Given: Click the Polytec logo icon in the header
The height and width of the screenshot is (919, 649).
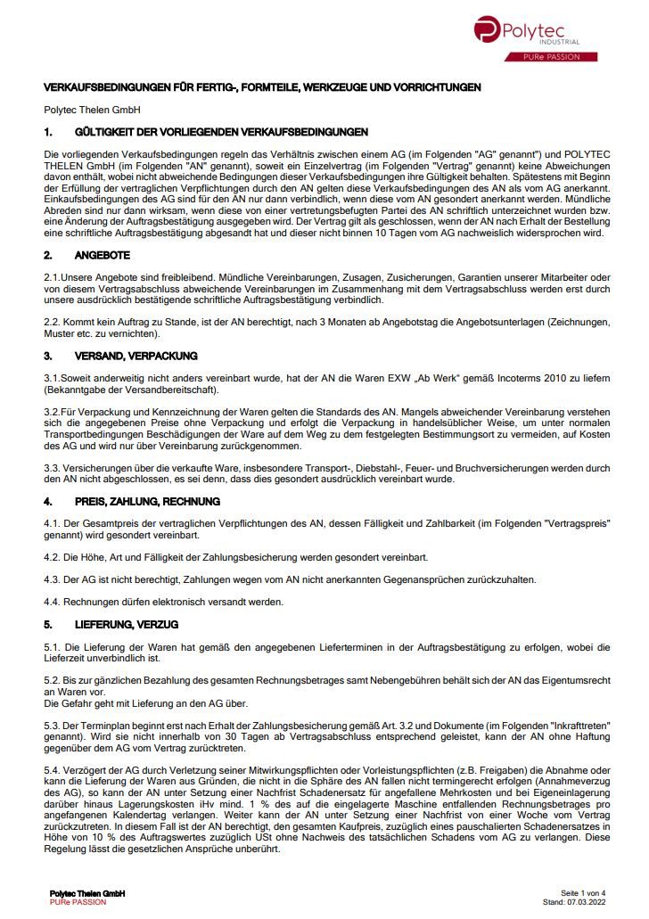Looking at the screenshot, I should (x=488, y=29).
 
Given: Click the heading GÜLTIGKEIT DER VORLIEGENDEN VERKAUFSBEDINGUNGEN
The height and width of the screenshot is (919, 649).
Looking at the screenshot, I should (x=222, y=132).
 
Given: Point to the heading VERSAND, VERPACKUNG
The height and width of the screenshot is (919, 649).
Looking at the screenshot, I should (x=136, y=356).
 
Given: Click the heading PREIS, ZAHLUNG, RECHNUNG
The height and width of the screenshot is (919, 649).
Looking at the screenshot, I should (x=148, y=502).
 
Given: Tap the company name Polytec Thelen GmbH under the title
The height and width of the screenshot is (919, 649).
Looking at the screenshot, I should (x=86, y=110).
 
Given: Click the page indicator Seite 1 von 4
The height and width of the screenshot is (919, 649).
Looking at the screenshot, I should (x=583, y=893).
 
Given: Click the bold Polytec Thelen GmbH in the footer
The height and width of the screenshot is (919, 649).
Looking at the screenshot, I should (x=87, y=893).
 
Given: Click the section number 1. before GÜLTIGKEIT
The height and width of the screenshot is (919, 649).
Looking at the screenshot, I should (x=49, y=132).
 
